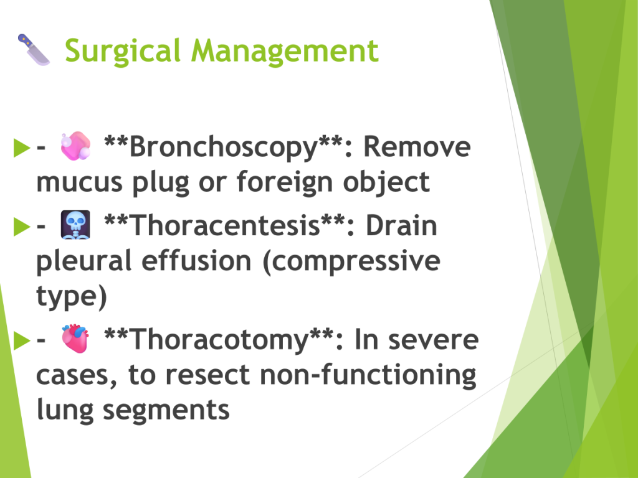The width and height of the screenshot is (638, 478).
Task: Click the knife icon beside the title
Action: tap(34, 50)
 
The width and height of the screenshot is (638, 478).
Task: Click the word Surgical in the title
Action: tap(122, 51)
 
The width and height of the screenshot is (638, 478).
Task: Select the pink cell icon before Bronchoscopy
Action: tap(75, 146)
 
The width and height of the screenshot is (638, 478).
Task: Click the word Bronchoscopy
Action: tap(223, 147)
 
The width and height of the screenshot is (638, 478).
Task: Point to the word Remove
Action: tap(417, 146)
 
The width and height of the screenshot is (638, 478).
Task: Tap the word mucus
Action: tap(79, 182)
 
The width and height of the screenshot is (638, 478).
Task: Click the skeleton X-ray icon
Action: tap(75, 224)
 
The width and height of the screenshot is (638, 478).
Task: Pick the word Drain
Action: tap(402, 225)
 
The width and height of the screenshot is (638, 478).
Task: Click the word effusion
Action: tap(196, 261)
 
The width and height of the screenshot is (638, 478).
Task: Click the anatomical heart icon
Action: tap(75, 338)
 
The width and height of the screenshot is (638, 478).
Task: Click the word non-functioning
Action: tap(368, 375)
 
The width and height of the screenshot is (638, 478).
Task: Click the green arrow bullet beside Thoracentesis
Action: tap(22, 227)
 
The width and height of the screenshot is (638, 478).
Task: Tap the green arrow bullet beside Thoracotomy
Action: tap(22, 340)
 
